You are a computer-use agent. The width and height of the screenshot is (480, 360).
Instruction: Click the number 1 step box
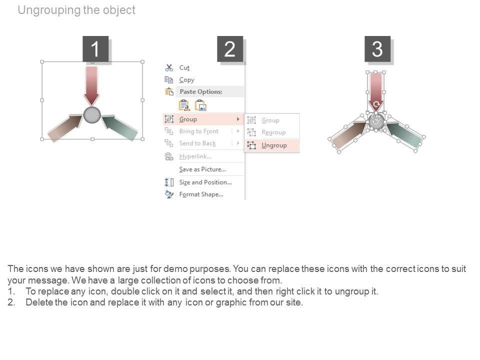click(95, 48)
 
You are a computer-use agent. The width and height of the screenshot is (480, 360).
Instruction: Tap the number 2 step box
click(230, 48)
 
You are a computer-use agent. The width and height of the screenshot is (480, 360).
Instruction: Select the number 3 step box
click(377, 48)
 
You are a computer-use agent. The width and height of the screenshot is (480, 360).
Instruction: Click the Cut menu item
click(184, 67)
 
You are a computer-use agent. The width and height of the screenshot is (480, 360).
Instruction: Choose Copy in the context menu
click(186, 80)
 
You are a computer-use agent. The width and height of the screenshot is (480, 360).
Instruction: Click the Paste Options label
click(201, 91)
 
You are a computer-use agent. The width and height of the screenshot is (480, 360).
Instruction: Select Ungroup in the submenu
click(274, 145)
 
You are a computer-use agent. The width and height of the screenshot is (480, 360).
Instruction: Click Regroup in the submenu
click(273, 132)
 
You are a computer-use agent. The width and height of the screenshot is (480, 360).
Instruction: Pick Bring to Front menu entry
click(198, 131)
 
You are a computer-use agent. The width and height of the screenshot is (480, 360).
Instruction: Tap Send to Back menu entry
click(197, 143)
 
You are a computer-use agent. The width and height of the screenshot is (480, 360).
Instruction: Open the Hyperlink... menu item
click(195, 156)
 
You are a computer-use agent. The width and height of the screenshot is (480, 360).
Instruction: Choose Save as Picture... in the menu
click(202, 169)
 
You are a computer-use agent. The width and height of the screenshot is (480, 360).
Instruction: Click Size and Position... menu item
click(205, 182)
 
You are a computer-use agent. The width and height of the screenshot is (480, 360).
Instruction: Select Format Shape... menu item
click(201, 194)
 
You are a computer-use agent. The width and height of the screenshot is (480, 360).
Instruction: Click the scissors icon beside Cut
click(169, 67)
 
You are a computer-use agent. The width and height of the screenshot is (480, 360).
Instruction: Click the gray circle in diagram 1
click(92, 115)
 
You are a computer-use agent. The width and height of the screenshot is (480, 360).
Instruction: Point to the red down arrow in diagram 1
click(91, 86)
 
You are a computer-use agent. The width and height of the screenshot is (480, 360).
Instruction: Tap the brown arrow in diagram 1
click(65, 127)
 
